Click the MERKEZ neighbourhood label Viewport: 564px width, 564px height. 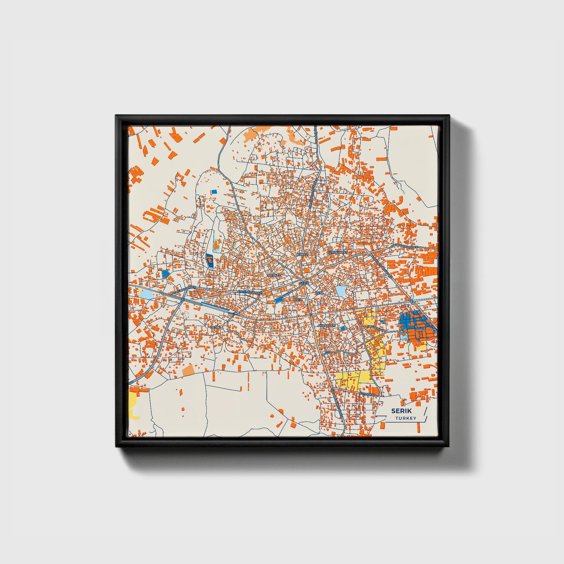tap(274, 275)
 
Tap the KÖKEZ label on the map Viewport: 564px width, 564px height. tap(302, 254)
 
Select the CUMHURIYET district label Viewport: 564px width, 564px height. tap(337, 253)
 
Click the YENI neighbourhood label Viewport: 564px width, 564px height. tap(319, 292)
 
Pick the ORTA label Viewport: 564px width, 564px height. tap(298, 299)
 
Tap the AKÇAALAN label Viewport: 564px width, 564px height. tap(327, 325)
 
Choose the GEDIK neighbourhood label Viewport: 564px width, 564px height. tap(215, 327)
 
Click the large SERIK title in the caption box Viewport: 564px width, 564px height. tap(401, 411)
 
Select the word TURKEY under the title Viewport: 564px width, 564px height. tap(405, 418)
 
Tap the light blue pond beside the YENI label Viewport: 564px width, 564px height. tap(341, 291)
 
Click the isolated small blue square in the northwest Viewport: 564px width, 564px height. tap(214, 192)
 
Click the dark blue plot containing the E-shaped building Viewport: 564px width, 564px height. tap(209, 260)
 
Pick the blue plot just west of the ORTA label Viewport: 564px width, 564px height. tap(279, 300)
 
